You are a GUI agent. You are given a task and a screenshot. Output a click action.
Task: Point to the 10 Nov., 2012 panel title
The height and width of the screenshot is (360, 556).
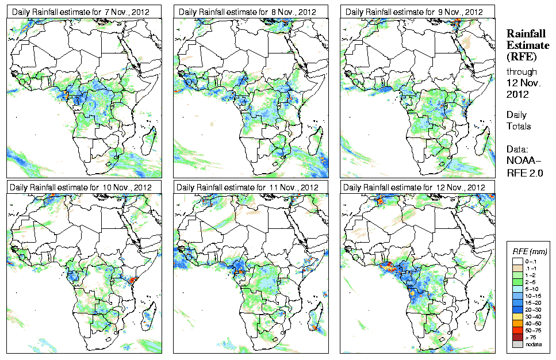pos(79,187)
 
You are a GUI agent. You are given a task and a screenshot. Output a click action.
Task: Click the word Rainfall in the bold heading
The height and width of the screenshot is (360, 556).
pos(525,33)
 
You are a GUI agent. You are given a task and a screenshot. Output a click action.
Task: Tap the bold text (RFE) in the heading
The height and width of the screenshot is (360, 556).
pos(521,56)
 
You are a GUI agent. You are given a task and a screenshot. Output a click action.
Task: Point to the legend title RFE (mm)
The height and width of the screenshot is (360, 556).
pos(530,251)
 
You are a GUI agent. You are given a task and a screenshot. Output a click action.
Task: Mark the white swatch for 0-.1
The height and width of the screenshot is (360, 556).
pos(516,261)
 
